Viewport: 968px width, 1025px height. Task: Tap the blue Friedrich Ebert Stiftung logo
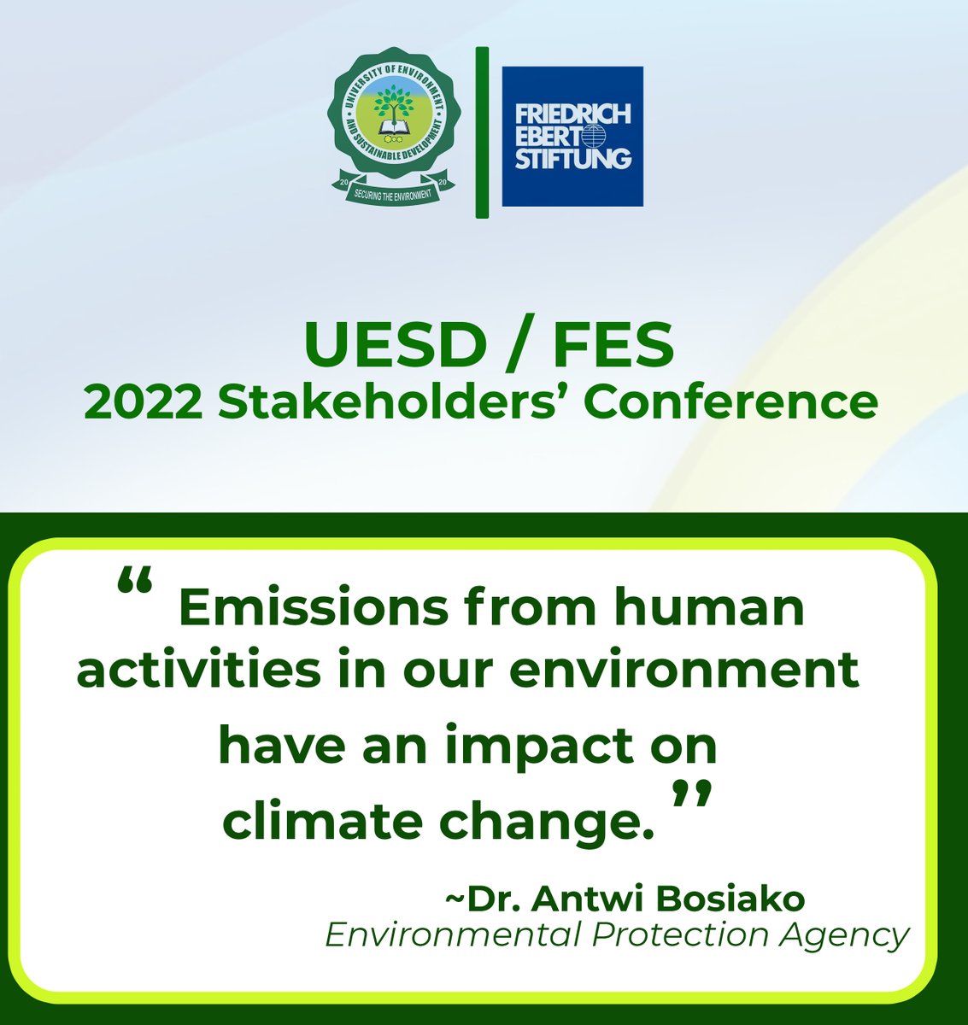point(572,137)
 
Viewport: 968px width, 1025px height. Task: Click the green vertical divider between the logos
point(482,132)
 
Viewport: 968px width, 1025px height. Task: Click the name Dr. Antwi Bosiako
point(625,899)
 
